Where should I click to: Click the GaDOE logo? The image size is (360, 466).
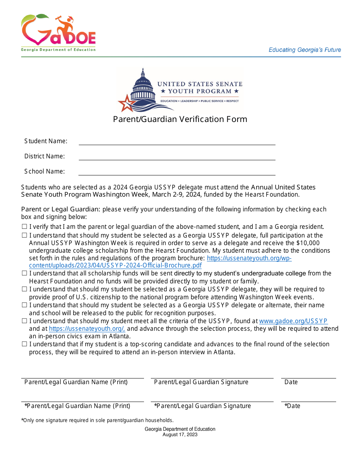tap(58, 33)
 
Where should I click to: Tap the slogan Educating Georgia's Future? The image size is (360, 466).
tap(305, 50)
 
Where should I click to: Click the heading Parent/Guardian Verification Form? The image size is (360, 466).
tap(180, 119)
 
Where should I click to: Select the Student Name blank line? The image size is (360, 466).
tap(177, 142)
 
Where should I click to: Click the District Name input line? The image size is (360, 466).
tap(177, 157)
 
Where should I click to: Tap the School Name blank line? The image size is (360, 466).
tap(177, 172)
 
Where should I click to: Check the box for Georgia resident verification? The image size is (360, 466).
tap(24, 227)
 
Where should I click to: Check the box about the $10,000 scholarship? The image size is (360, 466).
tap(24, 235)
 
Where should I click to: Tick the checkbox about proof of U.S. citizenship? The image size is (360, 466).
tap(24, 289)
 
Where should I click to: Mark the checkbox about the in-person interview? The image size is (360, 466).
tap(24, 344)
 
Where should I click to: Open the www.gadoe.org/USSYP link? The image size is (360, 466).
tap(293, 321)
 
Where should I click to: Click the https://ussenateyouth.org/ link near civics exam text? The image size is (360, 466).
tap(87, 329)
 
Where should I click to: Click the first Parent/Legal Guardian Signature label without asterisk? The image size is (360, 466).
tap(201, 382)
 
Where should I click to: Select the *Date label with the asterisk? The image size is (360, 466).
tap(292, 406)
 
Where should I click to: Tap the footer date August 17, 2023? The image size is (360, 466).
tap(180, 435)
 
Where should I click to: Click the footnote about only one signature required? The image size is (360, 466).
tap(97, 420)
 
